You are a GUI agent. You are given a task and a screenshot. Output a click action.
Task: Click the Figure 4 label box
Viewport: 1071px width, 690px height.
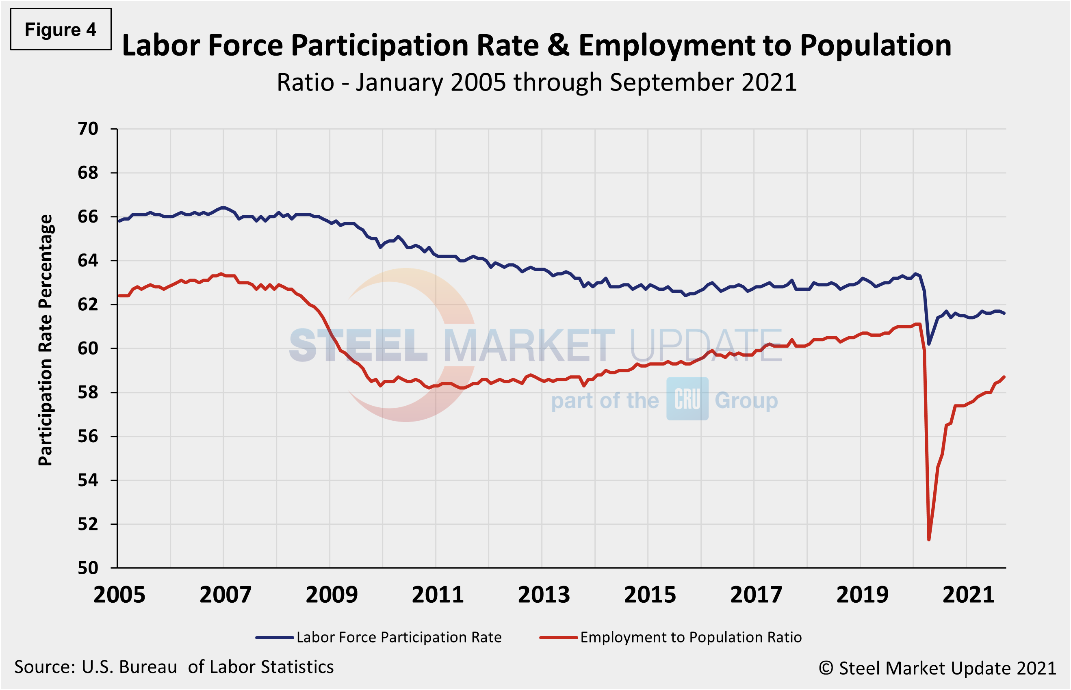coord(61,29)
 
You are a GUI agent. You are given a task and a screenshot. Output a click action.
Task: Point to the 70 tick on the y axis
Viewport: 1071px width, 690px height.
coord(88,129)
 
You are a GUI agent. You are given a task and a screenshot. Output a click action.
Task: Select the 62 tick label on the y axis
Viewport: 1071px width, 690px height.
coord(88,305)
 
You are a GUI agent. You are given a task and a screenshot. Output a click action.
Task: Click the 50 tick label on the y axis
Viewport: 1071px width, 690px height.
coord(88,568)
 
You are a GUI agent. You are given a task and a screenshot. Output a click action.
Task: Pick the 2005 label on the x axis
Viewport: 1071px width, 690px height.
coord(119,595)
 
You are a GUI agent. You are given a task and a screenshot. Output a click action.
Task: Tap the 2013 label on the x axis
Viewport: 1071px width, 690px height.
coord(544,595)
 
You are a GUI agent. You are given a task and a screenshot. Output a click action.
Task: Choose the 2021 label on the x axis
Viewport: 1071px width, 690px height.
coord(968,595)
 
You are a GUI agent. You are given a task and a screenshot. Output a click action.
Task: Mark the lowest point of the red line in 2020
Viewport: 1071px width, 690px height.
coord(928,540)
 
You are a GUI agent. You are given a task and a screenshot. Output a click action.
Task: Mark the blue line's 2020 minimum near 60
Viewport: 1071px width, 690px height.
coord(928,344)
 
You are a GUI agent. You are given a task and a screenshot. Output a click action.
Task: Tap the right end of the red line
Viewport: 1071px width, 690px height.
coord(1004,377)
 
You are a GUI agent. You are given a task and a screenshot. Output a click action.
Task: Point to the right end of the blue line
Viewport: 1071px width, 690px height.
coord(1004,313)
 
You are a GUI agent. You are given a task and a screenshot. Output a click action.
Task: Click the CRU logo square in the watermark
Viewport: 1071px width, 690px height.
coord(687,399)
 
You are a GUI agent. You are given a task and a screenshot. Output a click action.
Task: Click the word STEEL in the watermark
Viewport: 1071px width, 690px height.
coord(358,346)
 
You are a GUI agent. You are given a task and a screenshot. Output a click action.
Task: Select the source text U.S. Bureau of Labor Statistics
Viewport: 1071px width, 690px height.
coord(207,667)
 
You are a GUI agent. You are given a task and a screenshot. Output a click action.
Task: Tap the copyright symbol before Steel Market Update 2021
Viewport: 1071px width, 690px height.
coord(826,668)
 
